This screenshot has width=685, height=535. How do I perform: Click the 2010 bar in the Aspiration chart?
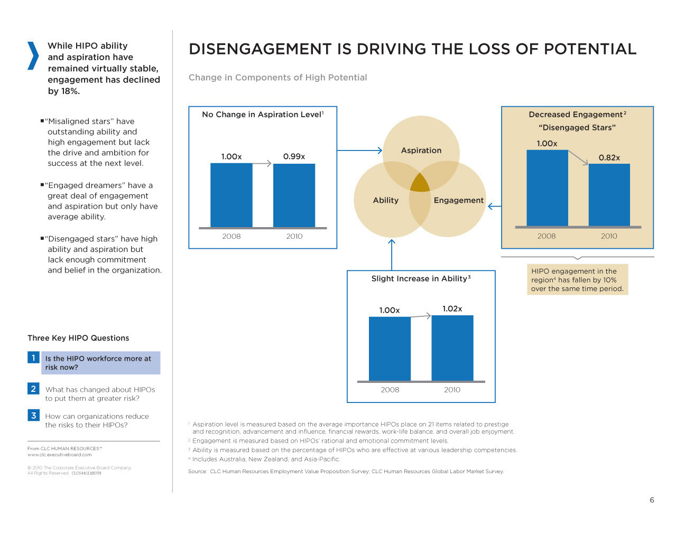tap(294, 195)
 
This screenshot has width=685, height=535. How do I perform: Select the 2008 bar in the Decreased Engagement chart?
tap(547, 188)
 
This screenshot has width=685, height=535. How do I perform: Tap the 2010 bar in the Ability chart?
tap(452, 348)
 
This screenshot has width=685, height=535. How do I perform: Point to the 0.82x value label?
tap(609, 157)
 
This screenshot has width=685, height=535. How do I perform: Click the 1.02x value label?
tap(452, 309)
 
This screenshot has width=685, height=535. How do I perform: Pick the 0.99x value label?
tap(294, 156)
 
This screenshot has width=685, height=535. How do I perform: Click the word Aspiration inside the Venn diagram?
tap(421, 151)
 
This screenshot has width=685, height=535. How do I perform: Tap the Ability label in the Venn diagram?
tap(386, 200)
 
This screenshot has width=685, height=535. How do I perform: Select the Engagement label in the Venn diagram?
tap(458, 200)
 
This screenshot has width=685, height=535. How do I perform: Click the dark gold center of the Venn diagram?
tap(420, 183)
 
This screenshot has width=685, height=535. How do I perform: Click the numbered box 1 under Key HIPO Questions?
tap(33, 358)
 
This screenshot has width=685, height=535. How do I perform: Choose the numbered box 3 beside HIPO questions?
tap(33, 416)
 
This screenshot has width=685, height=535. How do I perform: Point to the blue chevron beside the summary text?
tap(33, 55)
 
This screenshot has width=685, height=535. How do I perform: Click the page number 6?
tap(652, 500)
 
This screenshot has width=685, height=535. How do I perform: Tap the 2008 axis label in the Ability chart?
tap(390, 390)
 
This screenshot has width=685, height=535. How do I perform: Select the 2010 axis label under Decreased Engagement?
tap(609, 236)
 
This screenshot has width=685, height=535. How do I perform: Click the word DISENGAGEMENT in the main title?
tap(260, 49)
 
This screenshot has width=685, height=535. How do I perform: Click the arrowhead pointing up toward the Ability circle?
tap(392, 242)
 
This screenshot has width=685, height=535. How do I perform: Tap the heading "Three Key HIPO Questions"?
tap(78, 338)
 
